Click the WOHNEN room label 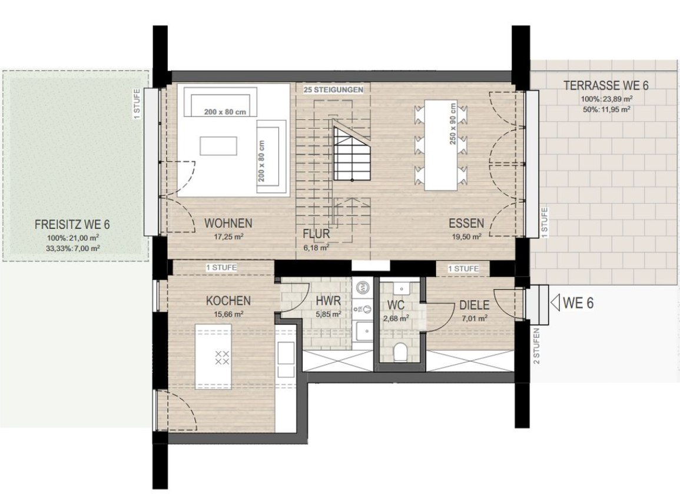(228, 223)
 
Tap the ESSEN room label (466, 223)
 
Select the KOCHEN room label (228, 301)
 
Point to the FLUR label (316, 234)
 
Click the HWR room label (329, 301)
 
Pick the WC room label (396, 305)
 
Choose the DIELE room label (475, 305)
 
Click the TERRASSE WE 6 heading (606, 85)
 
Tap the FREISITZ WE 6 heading (72, 225)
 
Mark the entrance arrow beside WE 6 (555, 302)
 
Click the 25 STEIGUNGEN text (333, 90)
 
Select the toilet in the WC (400, 352)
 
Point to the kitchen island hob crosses (222, 358)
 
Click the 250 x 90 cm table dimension (453, 123)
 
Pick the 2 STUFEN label (536, 346)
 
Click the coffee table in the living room (218, 146)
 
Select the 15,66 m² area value (228, 313)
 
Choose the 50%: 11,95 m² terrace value (606, 109)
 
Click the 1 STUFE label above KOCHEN (221, 268)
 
